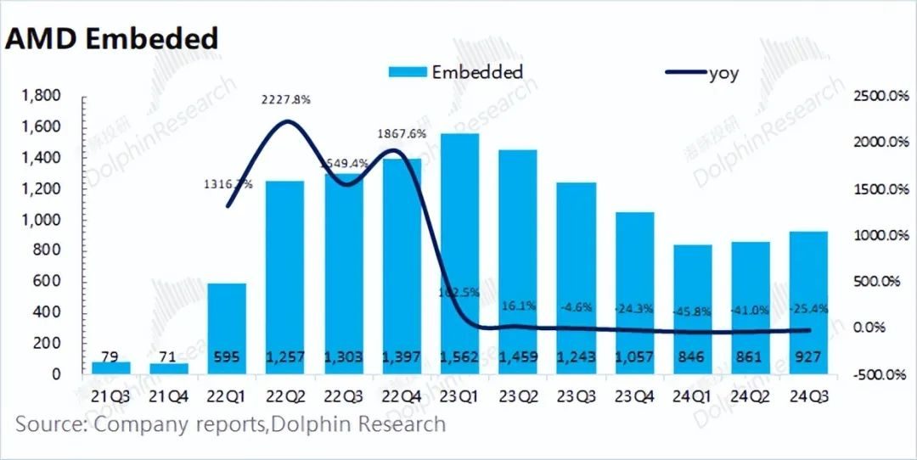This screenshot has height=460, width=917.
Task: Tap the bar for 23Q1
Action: coord(459,255)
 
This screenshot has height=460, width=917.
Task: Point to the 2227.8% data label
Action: coord(284,99)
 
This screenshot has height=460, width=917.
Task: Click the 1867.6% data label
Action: coord(402,133)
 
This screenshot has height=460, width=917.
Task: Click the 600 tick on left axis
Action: coord(48,281)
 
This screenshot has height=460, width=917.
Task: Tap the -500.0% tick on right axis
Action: coord(880,374)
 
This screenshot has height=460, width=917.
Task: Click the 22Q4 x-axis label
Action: coord(401,395)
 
